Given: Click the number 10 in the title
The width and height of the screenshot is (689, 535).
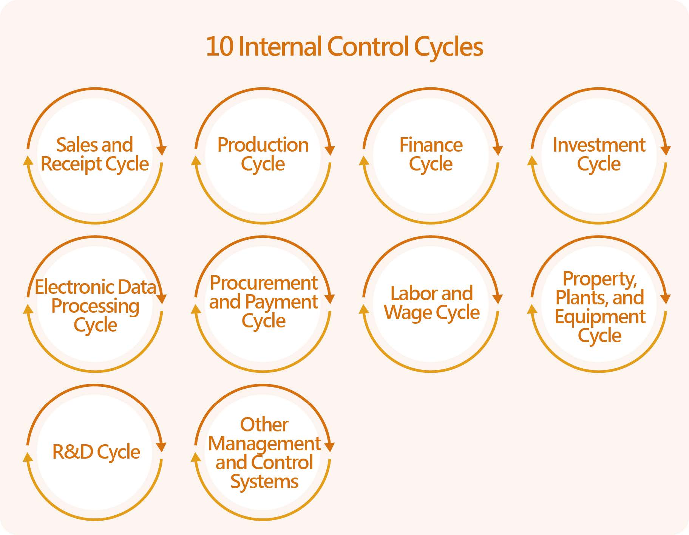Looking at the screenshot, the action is pyautogui.click(x=219, y=47).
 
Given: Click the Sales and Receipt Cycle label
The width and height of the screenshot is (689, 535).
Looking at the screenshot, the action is pyautogui.click(x=95, y=154).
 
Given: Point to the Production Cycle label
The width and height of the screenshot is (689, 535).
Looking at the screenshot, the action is pyautogui.click(x=263, y=154).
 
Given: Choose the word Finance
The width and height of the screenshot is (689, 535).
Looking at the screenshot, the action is pyautogui.click(x=431, y=145).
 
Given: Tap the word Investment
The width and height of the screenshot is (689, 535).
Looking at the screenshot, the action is pyautogui.click(x=599, y=145).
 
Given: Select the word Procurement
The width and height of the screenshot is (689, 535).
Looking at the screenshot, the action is pyautogui.click(x=264, y=283).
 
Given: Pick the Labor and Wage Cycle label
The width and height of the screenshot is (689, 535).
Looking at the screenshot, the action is pyautogui.click(x=432, y=303).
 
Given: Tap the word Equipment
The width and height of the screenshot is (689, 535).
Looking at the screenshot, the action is pyautogui.click(x=600, y=317).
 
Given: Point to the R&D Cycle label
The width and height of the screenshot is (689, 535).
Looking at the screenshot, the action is pyautogui.click(x=96, y=452).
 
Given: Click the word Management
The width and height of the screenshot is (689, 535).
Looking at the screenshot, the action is pyautogui.click(x=264, y=444).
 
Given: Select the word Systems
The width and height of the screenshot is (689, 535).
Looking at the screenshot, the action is pyautogui.click(x=264, y=482).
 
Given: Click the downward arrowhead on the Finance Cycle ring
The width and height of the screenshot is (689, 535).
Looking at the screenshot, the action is pyautogui.click(x=498, y=150).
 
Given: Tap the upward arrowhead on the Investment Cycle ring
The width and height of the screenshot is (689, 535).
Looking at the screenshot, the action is pyautogui.click(x=532, y=161).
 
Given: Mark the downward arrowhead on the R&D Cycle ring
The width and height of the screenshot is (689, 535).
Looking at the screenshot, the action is pyautogui.click(x=161, y=447).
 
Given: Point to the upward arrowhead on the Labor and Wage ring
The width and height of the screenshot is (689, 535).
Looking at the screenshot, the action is pyautogui.click(x=364, y=309).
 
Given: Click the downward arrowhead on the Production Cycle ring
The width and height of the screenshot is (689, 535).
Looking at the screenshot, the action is pyautogui.click(x=330, y=150).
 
